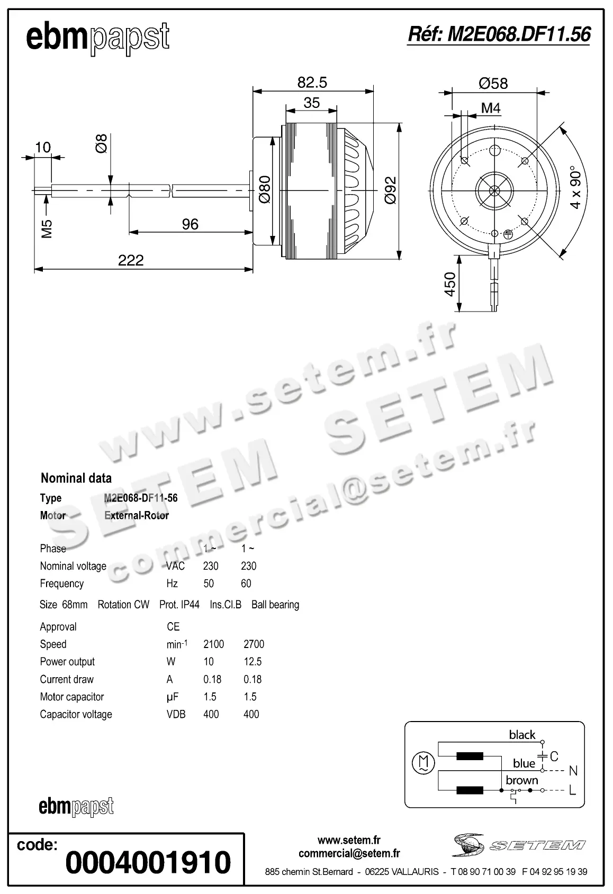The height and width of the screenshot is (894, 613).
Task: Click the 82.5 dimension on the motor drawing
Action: click(312, 83)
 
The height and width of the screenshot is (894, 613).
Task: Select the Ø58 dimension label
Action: click(493, 84)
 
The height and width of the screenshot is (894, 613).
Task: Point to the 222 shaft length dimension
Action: click(131, 260)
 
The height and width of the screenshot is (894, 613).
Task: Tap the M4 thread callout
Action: click(491, 108)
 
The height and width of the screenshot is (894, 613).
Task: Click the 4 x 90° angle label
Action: click(575, 189)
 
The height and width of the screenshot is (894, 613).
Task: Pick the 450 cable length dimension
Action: click(449, 284)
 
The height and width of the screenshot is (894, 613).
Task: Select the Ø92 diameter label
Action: click(390, 190)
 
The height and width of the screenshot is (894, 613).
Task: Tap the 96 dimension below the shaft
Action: click(190, 224)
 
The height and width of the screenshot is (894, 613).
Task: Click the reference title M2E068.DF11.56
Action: click(499, 35)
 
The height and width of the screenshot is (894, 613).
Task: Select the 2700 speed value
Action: click(254, 644)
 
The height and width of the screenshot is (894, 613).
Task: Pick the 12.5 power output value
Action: click(253, 662)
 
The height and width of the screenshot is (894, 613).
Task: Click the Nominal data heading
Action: click(76, 478)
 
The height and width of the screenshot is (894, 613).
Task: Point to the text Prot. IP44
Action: click(179, 605)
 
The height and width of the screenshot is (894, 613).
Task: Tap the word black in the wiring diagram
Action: click(522, 735)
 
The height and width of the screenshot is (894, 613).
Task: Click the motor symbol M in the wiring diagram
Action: click(423, 763)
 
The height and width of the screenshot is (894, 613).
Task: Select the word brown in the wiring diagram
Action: click(521, 780)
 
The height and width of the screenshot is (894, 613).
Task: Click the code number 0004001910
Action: click(148, 862)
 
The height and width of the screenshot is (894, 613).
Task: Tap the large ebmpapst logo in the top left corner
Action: click(98, 38)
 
